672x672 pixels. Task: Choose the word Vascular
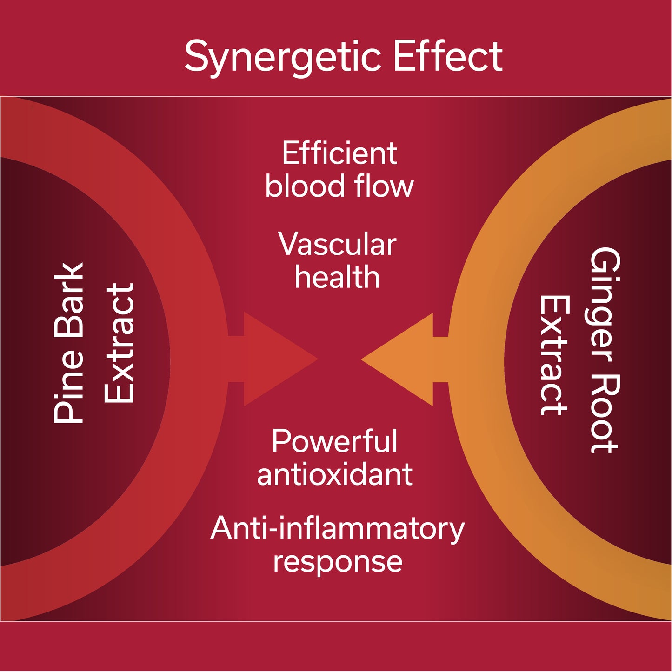click(x=337, y=244)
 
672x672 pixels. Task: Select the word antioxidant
click(x=334, y=474)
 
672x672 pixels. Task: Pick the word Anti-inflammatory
click(x=337, y=529)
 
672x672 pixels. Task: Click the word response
click(x=337, y=562)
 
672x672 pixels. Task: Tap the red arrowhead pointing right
click(x=274, y=359)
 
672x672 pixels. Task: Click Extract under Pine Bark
click(x=119, y=343)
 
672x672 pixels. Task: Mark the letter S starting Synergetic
click(x=196, y=56)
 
